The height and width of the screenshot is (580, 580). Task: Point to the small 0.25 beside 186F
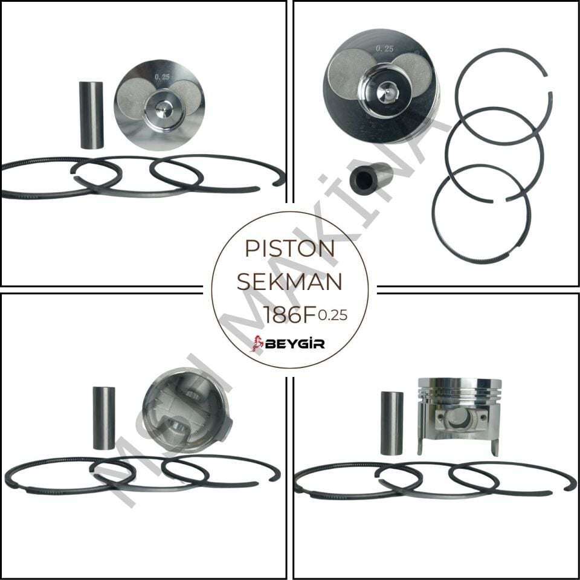click(x=332, y=315)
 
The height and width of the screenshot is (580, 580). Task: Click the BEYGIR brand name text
click(x=296, y=344)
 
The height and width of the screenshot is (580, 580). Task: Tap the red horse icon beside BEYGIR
click(x=258, y=343)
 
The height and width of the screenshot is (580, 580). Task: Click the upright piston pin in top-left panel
click(x=92, y=114)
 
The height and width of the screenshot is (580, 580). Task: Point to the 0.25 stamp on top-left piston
click(x=162, y=77)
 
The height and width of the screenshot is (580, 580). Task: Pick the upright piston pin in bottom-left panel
click(x=103, y=417)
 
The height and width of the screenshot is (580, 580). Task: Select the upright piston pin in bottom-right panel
click(x=391, y=423)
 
